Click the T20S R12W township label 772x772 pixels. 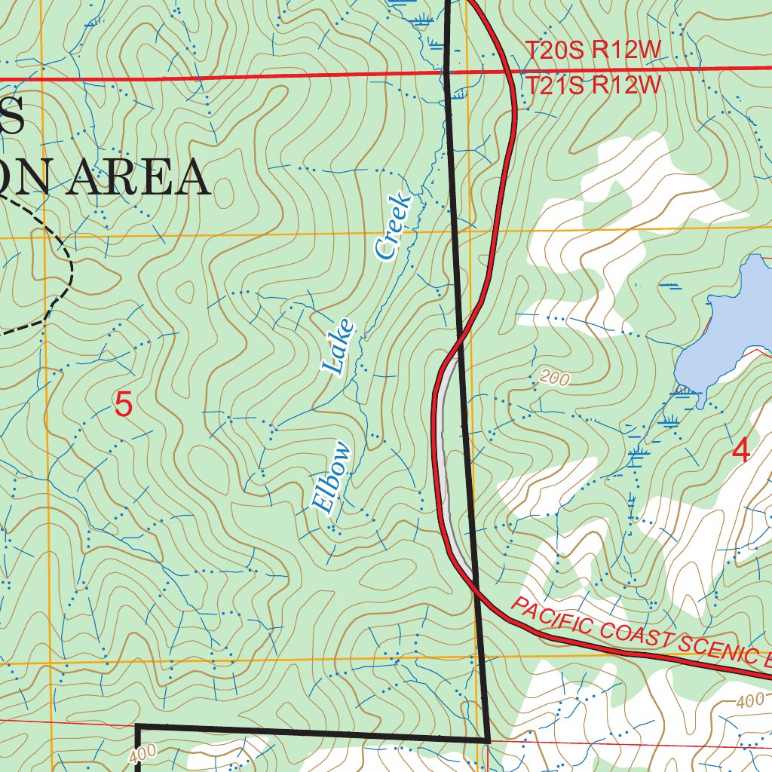tap(593, 51)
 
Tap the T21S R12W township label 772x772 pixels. tap(593, 85)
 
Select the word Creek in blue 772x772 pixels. tap(395, 227)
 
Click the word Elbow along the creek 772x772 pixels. tap(332, 478)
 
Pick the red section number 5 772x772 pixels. tap(124, 406)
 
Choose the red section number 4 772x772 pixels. tap(741, 452)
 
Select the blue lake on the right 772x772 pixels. tap(724, 324)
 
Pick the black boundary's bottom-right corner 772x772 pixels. tap(489, 741)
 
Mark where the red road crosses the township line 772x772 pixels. tap(513, 72)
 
